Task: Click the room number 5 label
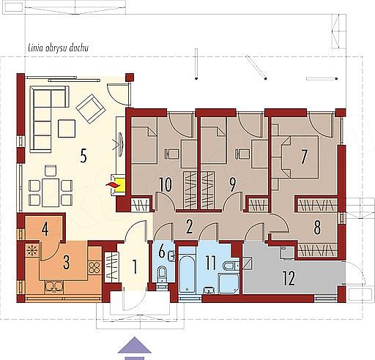point(83,156)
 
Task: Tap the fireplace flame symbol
point(111,184)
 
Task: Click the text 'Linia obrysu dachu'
point(59,48)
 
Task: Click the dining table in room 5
point(51,192)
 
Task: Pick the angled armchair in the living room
point(91,108)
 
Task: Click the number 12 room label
point(289,278)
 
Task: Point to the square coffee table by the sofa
point(67,128)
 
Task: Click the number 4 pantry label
point(45,229)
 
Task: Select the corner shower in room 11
point(229,284)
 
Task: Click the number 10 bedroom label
point(166,185)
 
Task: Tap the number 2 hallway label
point(189,227)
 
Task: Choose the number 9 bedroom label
point(232,185)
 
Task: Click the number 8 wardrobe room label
point(317,228)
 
